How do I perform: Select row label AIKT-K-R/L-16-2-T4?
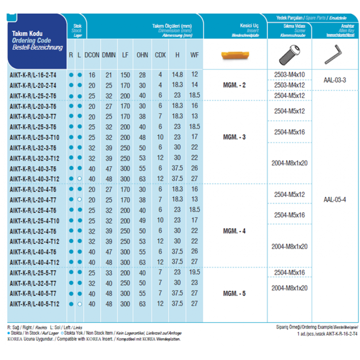tap(33, 75)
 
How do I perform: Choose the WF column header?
tap(194, 55)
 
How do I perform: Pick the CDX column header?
tap(160, 55)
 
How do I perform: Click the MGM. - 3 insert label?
tap(234, 137)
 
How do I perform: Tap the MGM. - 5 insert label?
tap(234, 293)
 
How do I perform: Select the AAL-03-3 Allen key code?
tap(335, 80)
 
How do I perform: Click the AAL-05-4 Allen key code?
tap(335, 199)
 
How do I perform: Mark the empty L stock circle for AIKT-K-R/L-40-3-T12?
tap(79, 178)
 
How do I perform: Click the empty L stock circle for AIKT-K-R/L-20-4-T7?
tap(79, 199)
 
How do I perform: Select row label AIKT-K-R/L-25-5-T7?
tap(33, 272)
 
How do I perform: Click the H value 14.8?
tap(177, 75)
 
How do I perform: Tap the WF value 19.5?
tap(194, 272)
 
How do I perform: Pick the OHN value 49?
tap(142, 220)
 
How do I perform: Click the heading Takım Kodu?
tap(28, 33)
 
